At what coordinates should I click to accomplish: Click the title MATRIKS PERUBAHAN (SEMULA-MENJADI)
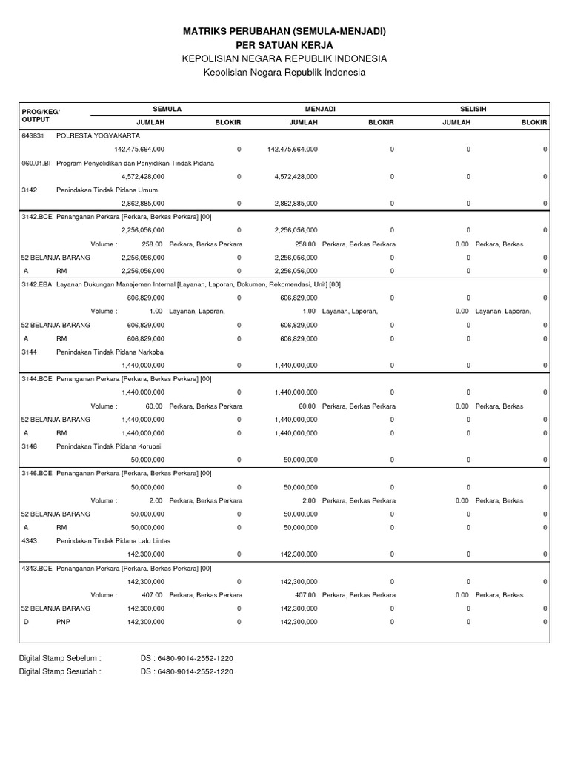(x=284, y=32)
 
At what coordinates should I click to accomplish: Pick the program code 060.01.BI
(x=36, y=163)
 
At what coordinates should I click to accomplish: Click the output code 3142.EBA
(x=37, y=284)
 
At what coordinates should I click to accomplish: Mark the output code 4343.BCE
(x=37, y=568)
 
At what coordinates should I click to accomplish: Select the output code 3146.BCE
(x=37, y=474)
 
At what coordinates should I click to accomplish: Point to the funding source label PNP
(x=63, y=622)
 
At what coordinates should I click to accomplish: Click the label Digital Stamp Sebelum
(x=60, y=657)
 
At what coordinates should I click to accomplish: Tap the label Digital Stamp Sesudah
(x=60, y=671)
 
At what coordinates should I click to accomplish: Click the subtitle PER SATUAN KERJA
(x=284, y=45)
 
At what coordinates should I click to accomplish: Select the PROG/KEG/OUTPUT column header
(x=40, y=115)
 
